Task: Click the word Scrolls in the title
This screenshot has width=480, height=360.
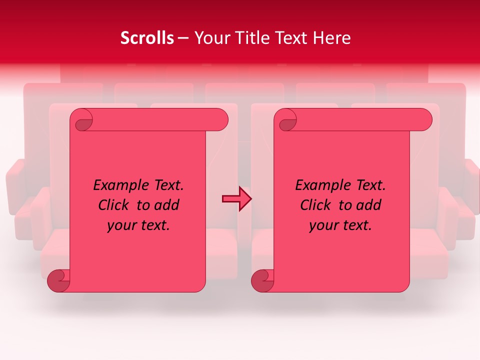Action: tap(147, 38)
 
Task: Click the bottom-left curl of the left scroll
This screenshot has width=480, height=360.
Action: tap(58, 280)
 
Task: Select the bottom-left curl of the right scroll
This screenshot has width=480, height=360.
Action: tap(262, 280)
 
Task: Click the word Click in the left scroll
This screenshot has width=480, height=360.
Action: tap(113, 205)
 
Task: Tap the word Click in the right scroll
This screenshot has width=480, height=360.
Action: tap(315, 205)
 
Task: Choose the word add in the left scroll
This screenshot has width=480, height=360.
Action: tap(166, 205)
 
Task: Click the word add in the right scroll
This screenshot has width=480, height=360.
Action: tap(368, 205)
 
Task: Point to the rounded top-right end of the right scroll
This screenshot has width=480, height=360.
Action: tap(423, 120)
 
